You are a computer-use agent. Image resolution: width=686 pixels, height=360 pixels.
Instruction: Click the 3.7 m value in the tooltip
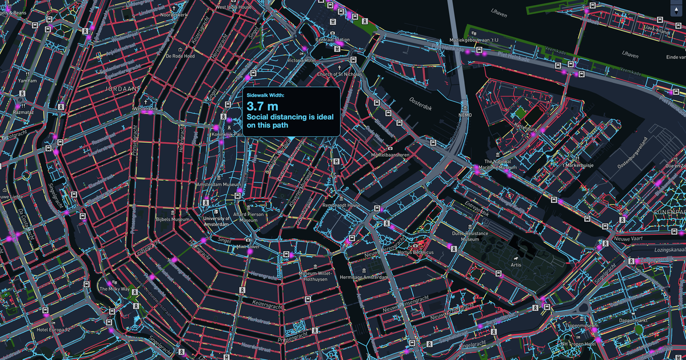[262, 106]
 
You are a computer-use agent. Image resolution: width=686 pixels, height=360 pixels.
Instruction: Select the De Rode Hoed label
[180, 57]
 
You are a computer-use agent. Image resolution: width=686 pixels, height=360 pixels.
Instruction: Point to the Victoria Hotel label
[302, 60]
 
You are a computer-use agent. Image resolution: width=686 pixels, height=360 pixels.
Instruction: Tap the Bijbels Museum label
[172, 219]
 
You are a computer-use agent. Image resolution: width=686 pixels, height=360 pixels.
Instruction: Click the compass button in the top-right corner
[675, 10]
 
